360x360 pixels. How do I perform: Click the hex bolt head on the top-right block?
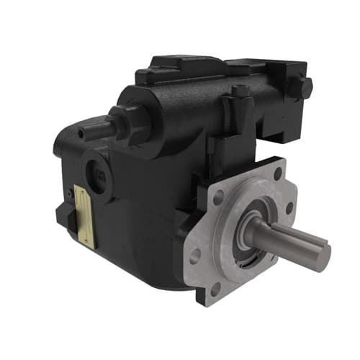coord(303,87)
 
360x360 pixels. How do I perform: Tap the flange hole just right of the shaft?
coord(288,209)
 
